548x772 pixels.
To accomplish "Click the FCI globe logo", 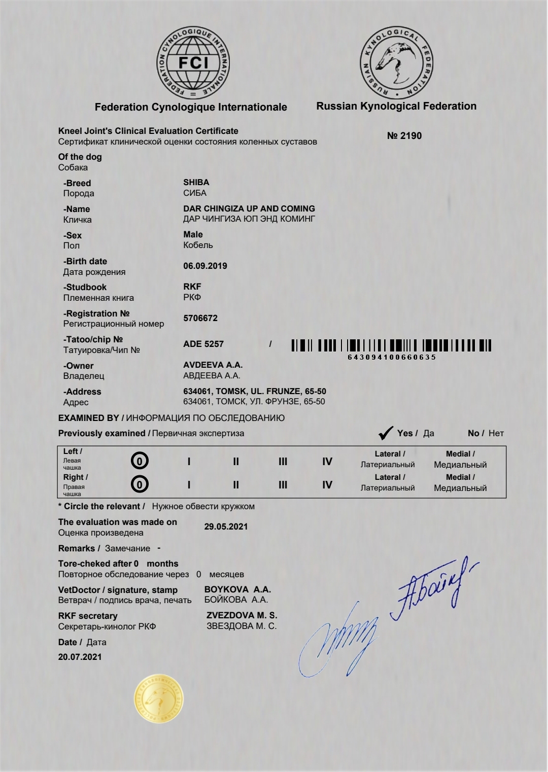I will click(x=193, y=62).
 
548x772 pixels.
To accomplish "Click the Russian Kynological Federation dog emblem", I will click(x=397, y=63).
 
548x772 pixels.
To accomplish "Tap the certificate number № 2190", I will click(x=404, y=135).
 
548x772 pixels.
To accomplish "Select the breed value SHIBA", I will click(x=196, y=182).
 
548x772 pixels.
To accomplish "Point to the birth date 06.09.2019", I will click(x=205, y=266).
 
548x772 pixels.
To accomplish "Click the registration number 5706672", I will click(x=200, y=318).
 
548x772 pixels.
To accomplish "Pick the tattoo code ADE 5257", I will click(x=203, y=344).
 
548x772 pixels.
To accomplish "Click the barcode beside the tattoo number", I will click(x=391, y=346).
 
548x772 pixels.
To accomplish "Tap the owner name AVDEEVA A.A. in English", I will click(x=213, y=365).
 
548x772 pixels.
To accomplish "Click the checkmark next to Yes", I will click(x=386, y=433).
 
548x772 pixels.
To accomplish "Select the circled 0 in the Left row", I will click(x=140, y=461).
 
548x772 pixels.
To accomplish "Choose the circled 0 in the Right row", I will click(x=140, y=484).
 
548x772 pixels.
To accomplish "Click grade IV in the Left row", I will click(x=327, y=461).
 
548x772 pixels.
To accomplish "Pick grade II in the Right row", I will click(x=236, y=485).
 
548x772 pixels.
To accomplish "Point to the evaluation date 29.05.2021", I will click(x=226, y=527).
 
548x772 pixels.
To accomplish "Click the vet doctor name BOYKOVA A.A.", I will click(x=237, y=589).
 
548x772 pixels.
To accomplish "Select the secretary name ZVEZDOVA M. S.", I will click(x=242, y=615).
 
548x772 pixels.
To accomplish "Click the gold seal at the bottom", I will click(x=159, y=699).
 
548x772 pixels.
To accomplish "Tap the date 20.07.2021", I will click(x=80, y=657).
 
